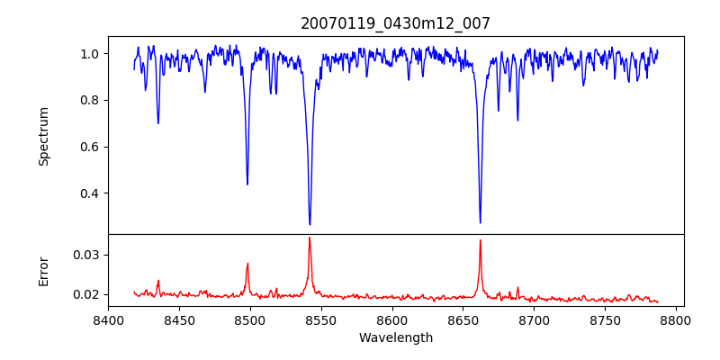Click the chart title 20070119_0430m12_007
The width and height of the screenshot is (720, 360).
click(395, 23)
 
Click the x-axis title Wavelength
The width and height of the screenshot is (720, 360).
click(395, 337)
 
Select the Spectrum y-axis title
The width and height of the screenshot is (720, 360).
click(44, 136)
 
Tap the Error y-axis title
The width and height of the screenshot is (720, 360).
click(44, 271)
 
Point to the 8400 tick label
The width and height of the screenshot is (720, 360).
click(108, 319)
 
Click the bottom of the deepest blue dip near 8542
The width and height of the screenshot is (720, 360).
click(310, 224)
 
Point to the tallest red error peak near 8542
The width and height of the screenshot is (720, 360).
click(310, 238)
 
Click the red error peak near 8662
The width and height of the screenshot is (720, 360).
click(480, 240)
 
